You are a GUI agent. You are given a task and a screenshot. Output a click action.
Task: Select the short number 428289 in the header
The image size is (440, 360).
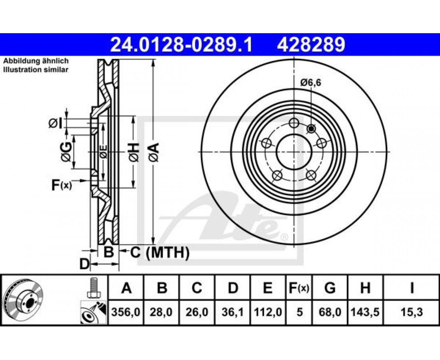tap(311, 45)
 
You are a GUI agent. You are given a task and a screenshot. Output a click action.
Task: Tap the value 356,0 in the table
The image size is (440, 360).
tap(126, 312)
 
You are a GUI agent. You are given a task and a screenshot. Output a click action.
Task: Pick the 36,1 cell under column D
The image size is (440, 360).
tap(233, 312)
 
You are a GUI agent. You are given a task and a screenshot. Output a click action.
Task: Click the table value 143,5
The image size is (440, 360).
tap(365, 312)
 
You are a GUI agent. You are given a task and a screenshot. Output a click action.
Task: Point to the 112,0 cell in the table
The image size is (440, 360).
tap(268, 312)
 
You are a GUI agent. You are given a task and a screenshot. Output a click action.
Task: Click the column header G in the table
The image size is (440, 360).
tap(330, 288)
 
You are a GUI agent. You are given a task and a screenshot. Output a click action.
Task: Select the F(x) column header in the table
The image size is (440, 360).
tap(299, 288)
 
